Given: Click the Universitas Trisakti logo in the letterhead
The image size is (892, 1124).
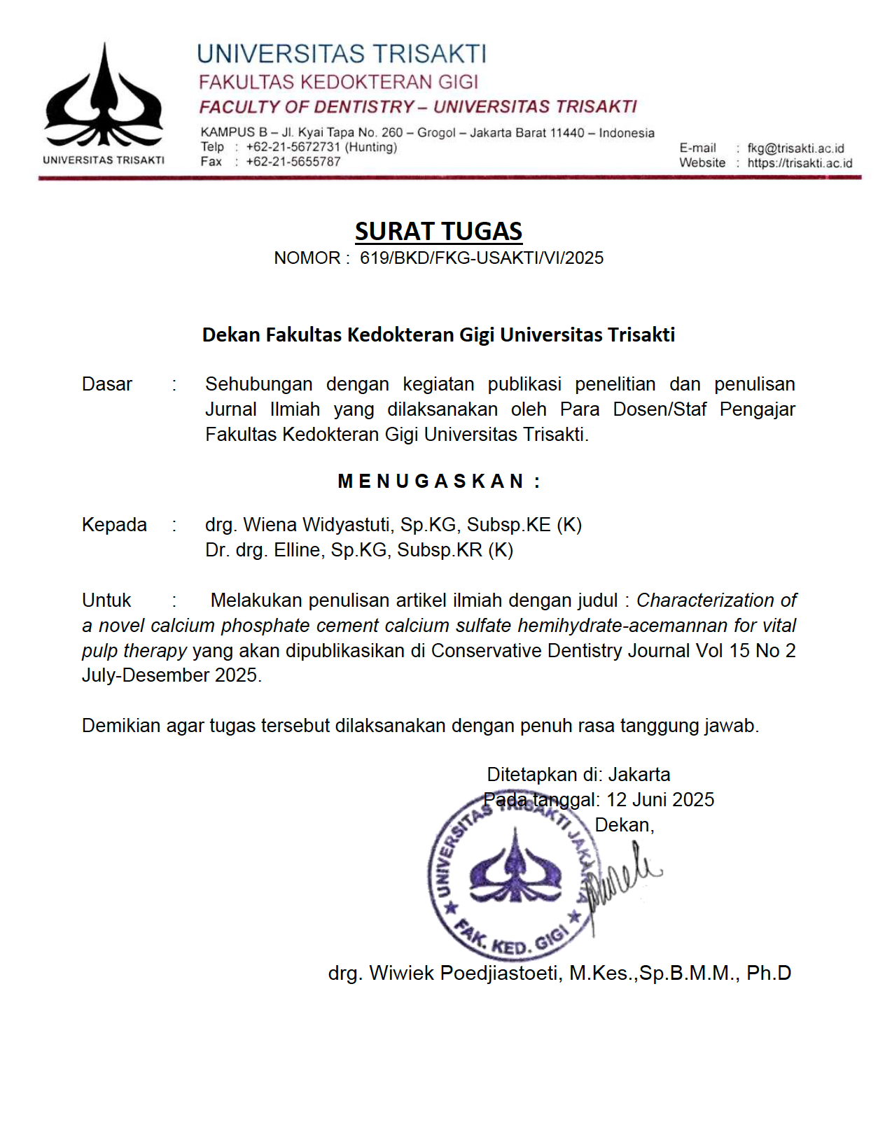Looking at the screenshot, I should point(104,98).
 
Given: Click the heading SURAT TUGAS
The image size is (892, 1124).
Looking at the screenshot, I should point(438,231).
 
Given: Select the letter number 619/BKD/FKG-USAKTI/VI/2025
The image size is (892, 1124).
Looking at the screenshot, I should point(481,258).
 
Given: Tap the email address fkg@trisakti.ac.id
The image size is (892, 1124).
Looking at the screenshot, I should point(795,148).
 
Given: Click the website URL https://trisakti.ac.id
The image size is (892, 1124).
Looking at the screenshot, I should point(800,163).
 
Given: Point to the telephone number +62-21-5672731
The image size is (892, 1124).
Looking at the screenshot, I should point(293,147).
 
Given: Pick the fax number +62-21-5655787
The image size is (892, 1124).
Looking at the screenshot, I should point(293,162).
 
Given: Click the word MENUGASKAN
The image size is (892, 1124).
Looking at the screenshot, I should point(431,482).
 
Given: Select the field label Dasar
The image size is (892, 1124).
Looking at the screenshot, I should point(106,384).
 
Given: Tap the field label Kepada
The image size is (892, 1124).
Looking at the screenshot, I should point(114,525).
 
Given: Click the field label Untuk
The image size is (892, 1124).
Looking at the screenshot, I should point(106,600).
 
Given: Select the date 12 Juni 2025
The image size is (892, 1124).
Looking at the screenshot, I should point(660,800).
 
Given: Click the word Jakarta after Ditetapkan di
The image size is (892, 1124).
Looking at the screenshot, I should point(639,775).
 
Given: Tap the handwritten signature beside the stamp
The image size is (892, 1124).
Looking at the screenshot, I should point(623,878).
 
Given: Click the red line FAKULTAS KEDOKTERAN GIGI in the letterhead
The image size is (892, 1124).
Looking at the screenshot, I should point(338,83).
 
